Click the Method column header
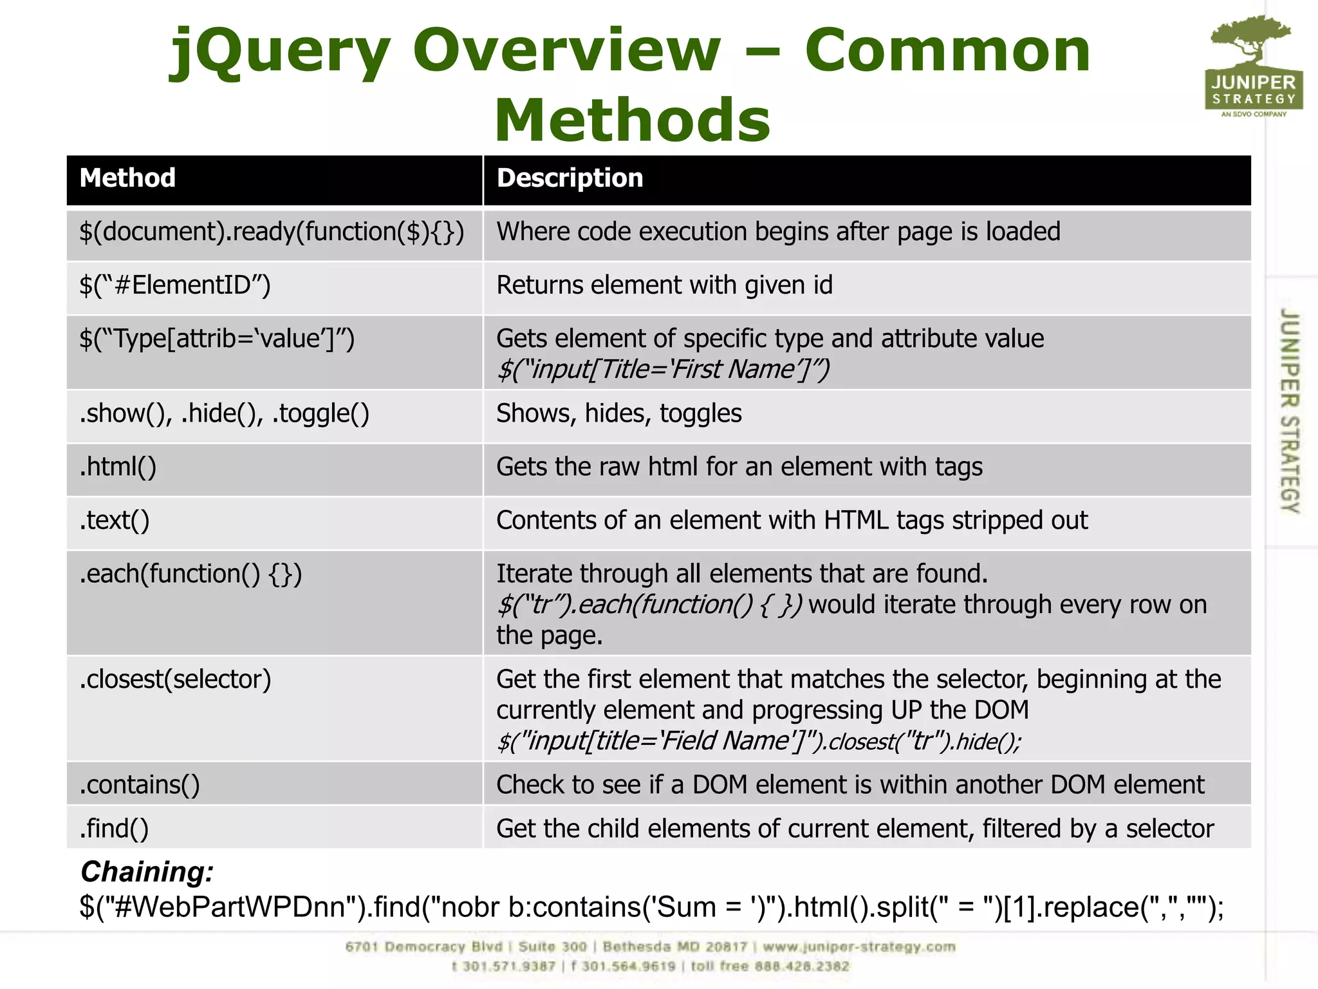(x=127, y=178)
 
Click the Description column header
(x=570, y=178)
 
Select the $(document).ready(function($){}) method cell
(x=272, y=232)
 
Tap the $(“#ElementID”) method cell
(x=175, y=285)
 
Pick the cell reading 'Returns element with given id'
(x=664, y=285)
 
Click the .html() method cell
(x=118, y=467)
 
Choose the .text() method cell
(x=115, y=520)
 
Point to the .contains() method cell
(x=140, y=785)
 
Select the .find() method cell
(x=114, y=829)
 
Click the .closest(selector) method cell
(x=175, y=679)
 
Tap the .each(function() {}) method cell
(x=190, y=574)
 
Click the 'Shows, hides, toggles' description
(x=618, y=413)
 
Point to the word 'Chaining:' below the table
(x=147, y=872)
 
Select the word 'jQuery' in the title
(x=280, y=52)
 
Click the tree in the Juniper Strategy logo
(x=1251, y=39)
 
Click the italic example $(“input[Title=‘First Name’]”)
(x=663, y=370)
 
